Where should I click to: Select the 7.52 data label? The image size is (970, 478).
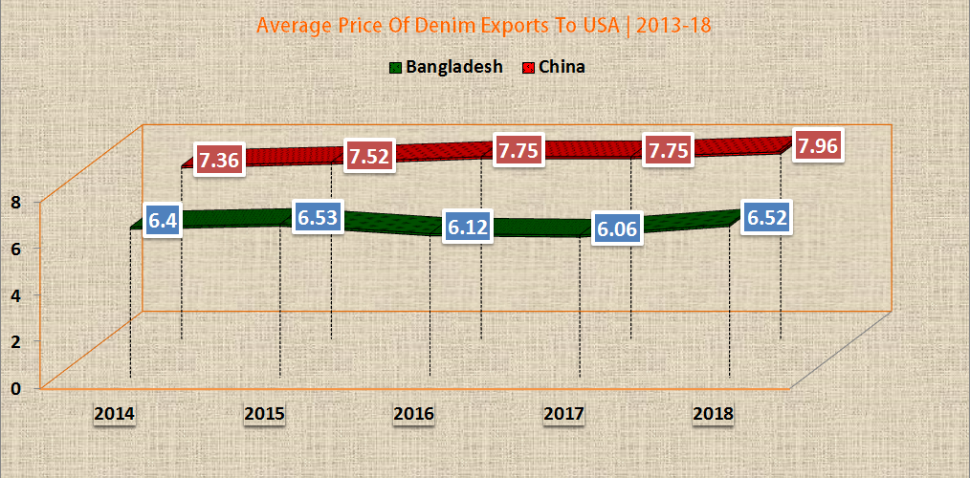(x=369, y=156)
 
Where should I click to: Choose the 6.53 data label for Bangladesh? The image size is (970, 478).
(x=319, y=217)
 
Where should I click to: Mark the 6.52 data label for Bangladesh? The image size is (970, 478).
(x=766, y=217)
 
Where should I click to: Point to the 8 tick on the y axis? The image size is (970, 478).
(x=16, y=201)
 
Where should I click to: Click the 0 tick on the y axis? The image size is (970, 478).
(x=16, y=387)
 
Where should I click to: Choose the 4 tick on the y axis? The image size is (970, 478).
(x=16, y=294)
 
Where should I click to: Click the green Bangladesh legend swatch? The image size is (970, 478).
(x=395, y=68)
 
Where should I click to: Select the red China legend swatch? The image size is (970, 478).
(x=528, y=68)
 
